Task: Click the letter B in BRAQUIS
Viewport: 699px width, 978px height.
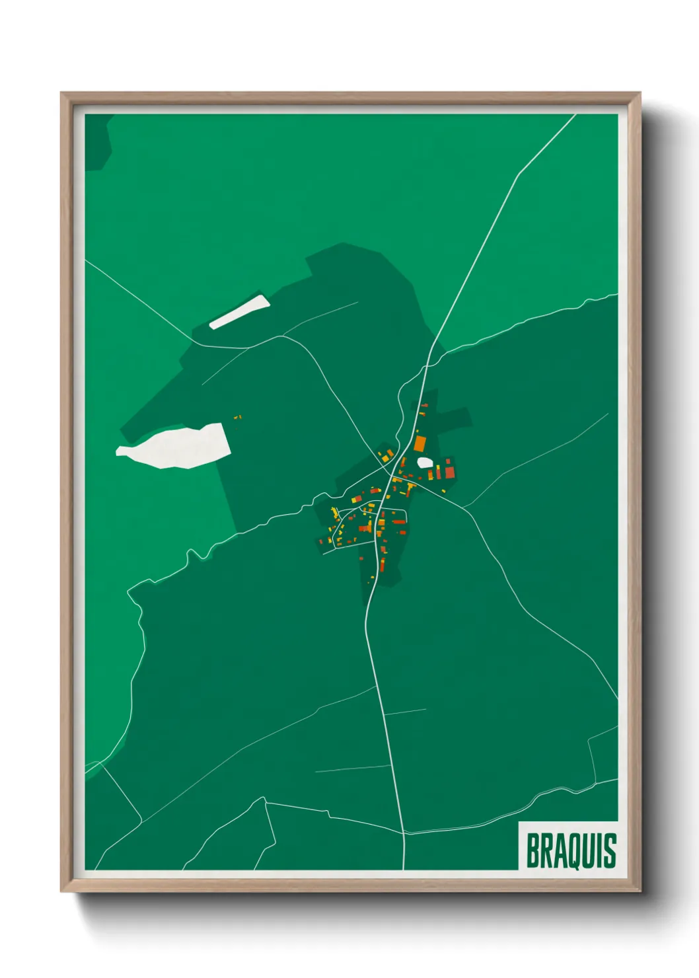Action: (x=533, y=850)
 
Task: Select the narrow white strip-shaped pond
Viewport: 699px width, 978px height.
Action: (x=239, y=312)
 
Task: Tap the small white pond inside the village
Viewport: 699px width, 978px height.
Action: (x=424, y=463)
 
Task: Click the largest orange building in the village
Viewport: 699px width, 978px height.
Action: (x=420, y=443)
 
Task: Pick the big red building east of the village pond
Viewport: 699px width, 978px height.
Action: (x=450, y=471)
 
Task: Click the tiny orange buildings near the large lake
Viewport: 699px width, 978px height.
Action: (x=238, y=417)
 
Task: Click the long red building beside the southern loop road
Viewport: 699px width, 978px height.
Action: (x=399, y=521)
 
